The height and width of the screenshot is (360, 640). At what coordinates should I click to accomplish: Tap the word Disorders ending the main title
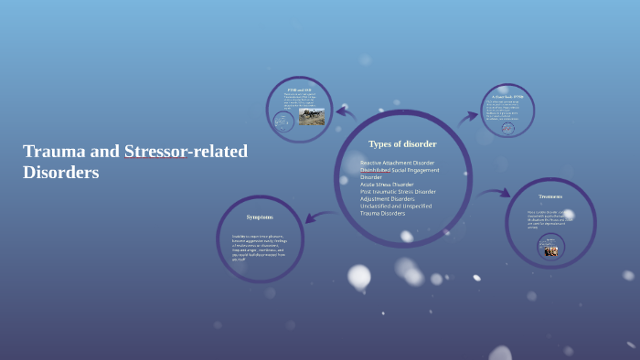[x=60, y=172]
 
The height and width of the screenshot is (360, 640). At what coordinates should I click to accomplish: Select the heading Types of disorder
[x=402, y=144]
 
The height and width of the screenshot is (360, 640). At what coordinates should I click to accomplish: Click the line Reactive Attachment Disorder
[x=397, y=163]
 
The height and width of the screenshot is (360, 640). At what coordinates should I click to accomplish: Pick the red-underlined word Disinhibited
[x=376, y=170]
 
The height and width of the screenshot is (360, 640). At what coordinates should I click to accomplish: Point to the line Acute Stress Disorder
[x=387, y=185]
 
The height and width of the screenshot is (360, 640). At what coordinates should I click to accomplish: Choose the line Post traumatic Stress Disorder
[x=398, y=192]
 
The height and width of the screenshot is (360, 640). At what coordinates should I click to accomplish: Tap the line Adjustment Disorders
[x=389, y=199]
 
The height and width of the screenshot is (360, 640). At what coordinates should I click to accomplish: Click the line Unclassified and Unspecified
[x=396, y=206]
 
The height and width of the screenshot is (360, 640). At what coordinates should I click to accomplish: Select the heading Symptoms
[x=259, y=217]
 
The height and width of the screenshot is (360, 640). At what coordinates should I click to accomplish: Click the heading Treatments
[x=550, y=196]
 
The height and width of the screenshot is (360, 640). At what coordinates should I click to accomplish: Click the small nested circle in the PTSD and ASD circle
[x=283, y=122]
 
